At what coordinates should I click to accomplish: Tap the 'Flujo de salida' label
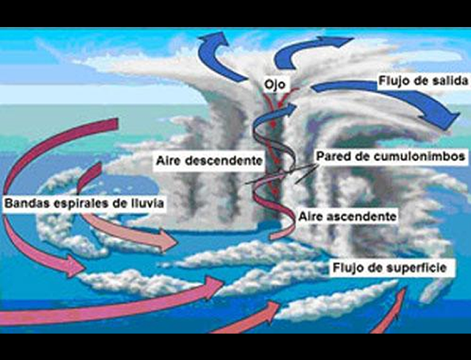pyautogui.click(x=419, y=80)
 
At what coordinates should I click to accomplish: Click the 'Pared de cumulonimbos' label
pyautogui.click(x=390, y=156)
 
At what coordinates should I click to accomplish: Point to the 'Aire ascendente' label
pyautogui.click(x=348, y=216)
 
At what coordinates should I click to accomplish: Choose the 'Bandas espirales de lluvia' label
pyautogui.click(x=85, y=203)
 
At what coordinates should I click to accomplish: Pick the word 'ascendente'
pyautogui.click(x=366, y=216)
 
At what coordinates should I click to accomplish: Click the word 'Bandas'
pyautogui.click(x=25, y=203)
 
